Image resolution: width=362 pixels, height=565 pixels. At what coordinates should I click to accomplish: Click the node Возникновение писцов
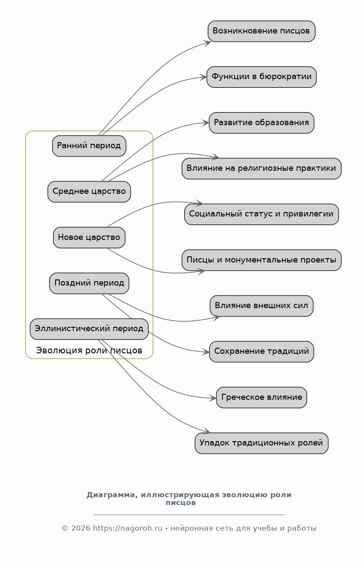(261, 31)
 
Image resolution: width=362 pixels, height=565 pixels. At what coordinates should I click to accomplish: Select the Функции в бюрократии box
(261, 77)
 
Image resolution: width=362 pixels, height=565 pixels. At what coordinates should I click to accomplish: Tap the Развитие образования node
(261, 123)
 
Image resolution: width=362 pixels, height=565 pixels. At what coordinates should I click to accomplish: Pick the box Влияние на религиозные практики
(261, 169)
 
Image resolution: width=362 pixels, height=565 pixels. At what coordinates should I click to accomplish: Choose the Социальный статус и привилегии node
(261, 214)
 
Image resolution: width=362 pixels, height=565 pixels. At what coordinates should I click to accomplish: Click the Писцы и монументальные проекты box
(261, 260)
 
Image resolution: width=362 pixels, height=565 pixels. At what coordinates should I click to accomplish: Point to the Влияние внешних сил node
(261, 306)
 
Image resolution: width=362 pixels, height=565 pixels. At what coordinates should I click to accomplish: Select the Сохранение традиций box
(261, 352)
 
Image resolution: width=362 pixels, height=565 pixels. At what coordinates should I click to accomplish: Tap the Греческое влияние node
(261, 398)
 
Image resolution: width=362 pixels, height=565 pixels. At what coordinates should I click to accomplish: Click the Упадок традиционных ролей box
(261, 443)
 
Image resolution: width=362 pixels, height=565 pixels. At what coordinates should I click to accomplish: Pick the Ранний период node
(89, 146)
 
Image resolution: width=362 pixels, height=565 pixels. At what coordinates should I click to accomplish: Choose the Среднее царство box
(89, 192)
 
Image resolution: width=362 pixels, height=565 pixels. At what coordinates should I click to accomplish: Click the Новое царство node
(89, 238)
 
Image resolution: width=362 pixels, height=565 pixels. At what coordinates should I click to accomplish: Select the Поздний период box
(89, 283)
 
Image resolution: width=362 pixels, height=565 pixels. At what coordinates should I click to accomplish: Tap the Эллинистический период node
(89, 329)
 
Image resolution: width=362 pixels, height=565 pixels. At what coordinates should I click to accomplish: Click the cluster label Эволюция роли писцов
(89, 350)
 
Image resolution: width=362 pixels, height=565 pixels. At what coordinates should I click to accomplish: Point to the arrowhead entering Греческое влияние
(213, 398)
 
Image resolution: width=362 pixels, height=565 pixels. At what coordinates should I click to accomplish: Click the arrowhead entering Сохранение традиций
(206, 352)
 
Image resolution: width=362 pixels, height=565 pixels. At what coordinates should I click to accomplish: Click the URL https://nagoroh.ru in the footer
(128, 528)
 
